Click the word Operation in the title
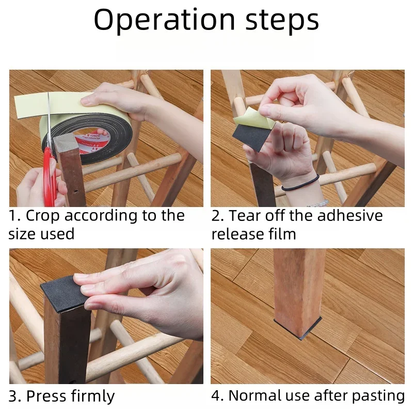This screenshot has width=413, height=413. tap(164, 20)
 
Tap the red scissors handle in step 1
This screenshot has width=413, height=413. tap(49, 177)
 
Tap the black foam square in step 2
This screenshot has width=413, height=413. tap(252, 137)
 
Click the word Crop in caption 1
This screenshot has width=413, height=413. tap(42, 216)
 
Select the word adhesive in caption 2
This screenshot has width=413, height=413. tap(350, 215)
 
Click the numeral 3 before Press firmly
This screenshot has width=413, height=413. tap(13, 396)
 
